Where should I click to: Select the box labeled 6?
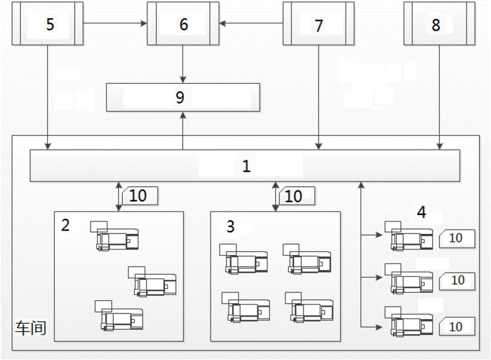tap(183, 24)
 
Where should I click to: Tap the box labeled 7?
tap(319, 24)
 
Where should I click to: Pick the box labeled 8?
tap(439, 24)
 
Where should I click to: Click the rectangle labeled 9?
tap(183, 97)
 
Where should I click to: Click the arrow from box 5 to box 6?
tap(115, 23)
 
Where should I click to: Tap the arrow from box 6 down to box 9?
tap(184, 64)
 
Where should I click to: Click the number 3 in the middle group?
tap(230, 226)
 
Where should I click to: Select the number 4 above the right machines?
tap(421, 213)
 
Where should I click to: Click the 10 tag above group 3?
tap(294, 196)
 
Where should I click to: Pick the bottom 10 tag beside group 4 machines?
tap(456, 327)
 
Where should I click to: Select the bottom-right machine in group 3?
tap(310, 308)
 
